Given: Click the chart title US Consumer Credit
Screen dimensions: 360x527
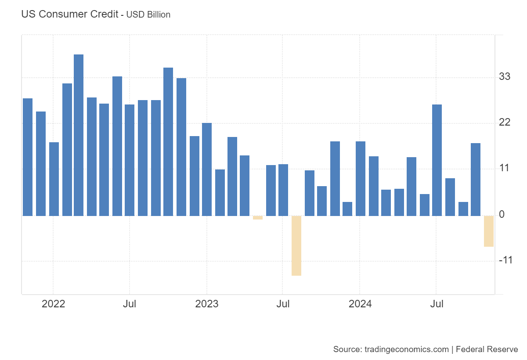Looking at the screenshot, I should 69,14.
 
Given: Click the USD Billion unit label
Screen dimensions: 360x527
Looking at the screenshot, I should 148,14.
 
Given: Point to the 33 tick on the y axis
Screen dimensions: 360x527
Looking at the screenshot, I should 505,77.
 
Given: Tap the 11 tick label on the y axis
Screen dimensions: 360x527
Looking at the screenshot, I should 505,168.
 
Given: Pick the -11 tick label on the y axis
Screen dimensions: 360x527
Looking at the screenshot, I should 505,260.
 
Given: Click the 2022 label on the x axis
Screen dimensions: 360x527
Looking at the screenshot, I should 53,304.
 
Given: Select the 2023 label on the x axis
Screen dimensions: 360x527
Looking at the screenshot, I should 206,304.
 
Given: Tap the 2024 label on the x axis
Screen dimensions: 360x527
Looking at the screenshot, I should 360,304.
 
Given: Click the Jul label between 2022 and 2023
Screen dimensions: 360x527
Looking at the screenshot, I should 129,304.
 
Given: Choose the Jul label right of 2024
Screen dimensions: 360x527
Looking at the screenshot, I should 436,304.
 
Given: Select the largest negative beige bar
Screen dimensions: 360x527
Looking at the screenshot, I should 296,245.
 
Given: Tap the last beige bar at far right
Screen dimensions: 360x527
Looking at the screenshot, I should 488,231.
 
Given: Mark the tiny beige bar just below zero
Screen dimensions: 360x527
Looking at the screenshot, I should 258,218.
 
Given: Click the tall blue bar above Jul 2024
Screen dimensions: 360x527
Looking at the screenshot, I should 437,160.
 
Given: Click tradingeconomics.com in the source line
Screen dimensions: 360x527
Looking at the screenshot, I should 407,349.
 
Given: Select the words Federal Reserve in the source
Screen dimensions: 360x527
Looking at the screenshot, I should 487,349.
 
